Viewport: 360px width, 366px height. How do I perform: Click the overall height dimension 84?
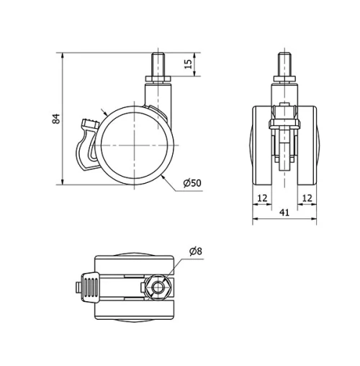56,118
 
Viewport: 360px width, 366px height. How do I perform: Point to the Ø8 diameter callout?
197,251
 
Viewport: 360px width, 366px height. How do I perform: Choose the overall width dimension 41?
286,213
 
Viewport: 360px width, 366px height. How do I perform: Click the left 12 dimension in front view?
261,197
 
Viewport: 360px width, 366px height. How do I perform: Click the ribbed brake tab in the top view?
89,288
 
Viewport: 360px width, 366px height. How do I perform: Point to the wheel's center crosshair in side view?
135,144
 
